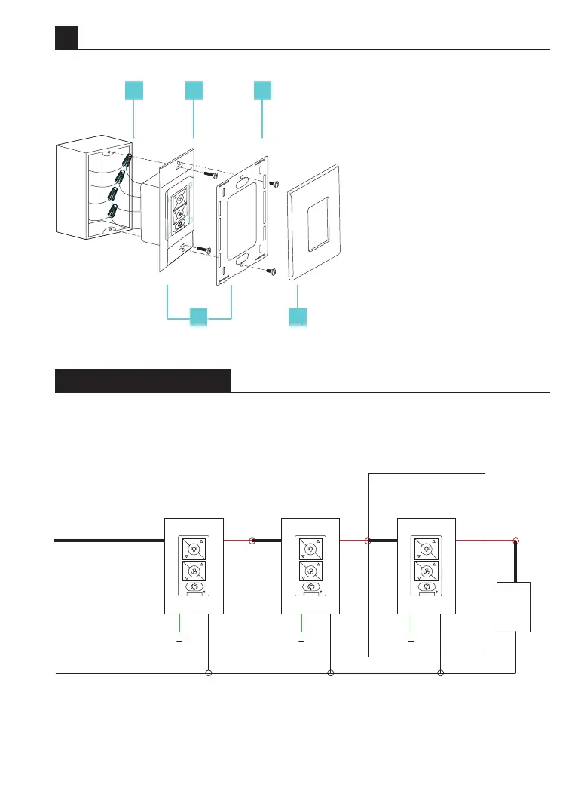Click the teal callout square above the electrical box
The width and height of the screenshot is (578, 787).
[133, 90]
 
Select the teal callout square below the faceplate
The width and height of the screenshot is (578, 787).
[298, 317]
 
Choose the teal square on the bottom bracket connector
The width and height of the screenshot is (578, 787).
[198, 317]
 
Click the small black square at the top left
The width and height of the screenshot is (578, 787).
[66, 38]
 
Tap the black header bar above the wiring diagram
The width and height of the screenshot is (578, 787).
[142, 381]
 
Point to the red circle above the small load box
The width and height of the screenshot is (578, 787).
[515, 540]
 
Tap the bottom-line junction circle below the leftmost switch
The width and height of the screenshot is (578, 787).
[209, 672]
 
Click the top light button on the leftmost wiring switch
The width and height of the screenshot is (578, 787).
[194, 549]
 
